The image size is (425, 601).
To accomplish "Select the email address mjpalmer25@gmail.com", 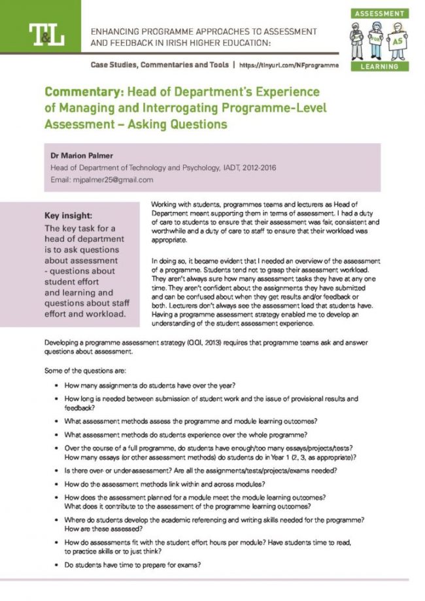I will click(101, 179).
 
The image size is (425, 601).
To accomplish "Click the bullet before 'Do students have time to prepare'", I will click(57, 565).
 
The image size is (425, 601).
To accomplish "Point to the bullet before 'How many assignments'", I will click(57, 385).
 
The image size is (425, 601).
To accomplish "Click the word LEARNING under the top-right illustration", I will click(379, 65).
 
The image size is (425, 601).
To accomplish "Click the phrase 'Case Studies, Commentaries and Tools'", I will click(160, 65).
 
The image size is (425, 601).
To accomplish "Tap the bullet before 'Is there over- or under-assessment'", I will click(57, 470).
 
